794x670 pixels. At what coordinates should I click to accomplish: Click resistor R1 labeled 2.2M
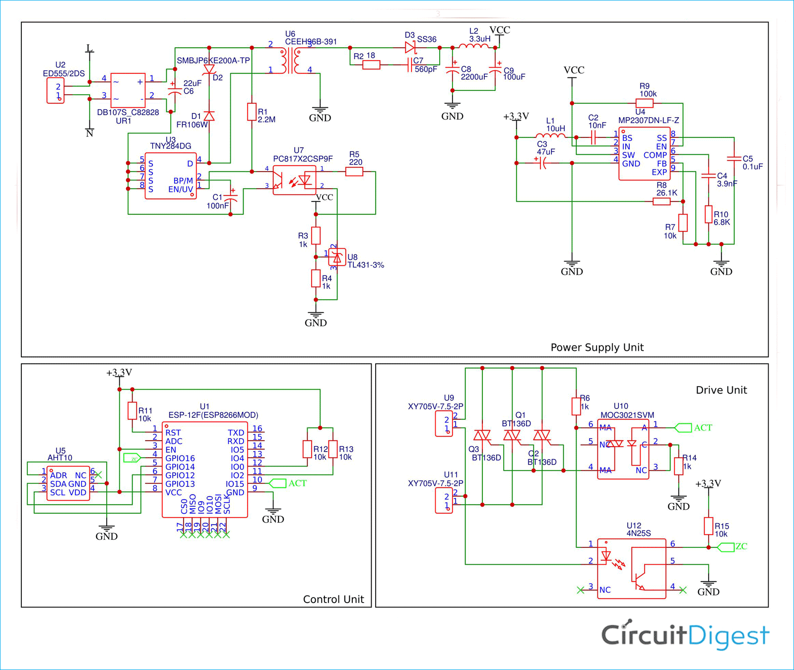pyautogui.click(x=252, y=112)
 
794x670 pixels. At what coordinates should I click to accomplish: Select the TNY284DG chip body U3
pyautogui.click(x=170, y=176)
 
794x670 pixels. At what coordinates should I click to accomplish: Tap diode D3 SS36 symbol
pyautogui.click(x=410, y=48)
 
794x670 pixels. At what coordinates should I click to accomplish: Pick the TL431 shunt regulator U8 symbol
pyautogui.click(x=337, y=257)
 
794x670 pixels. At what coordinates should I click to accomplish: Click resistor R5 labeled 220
pyautogui.click(x=354, y=172)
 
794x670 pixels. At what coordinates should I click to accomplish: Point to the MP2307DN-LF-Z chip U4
pyautogui.click(x=644, y=154)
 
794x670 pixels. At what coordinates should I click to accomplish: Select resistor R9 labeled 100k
pyautogui.click(x=644, y=103)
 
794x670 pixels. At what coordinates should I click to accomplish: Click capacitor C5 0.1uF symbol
pyautogui.click(x=733, y=159)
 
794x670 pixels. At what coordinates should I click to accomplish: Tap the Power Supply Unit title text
pyautogui.click(x=596, y=347)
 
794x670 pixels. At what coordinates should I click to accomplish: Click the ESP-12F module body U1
pyautogui.click(x=204, y=469)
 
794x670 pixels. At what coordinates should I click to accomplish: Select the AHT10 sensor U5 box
pyautogui.click(x=68, y=483)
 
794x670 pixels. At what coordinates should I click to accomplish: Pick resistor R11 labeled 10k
pyautogui.click(x=132, y=410)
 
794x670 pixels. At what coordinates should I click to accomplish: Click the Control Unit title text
pyautogui.click(x=333, y=599)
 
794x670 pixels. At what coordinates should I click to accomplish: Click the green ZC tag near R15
pyautogui.click(x=727, y=547)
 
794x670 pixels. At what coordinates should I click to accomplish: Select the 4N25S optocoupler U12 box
pyautogui.click(x=631, y=569)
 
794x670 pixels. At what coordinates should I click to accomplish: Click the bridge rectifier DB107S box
pyautogui.click(x=128, y=90)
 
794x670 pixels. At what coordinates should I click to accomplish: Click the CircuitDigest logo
pyautogui.click(x=685, y=635)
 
